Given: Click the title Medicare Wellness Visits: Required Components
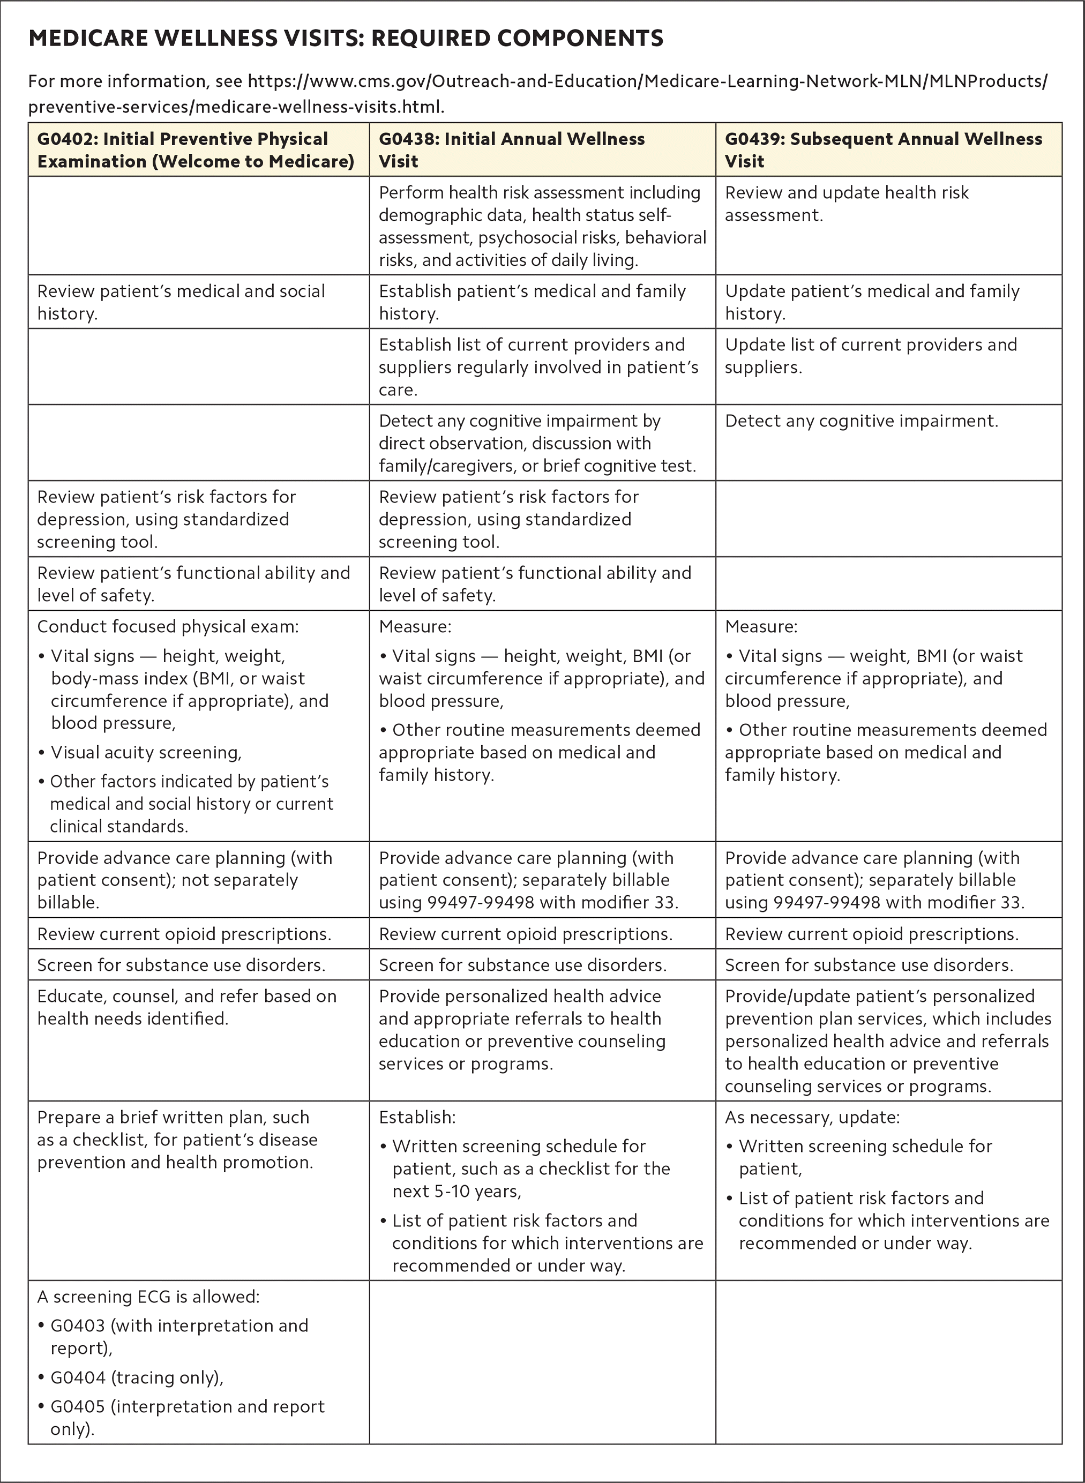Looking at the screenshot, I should pyautogui.click(x=346, y=38).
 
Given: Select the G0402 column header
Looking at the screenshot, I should pyautogui.click(x=195, y=149).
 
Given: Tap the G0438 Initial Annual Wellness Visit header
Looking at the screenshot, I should pyautogui.click(x=512, y=149).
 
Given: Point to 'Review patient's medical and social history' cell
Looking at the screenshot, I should pyautogui.click(x=181, y=302).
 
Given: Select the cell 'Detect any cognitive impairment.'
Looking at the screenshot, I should pyautogui.click(x=861, y=421).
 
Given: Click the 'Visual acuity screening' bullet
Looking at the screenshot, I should pyautogui.click(x=146, y=752).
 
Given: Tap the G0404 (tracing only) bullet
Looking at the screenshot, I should pyautogui.click(x=137, y=1377).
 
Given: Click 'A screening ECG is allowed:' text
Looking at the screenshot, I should pyautogui.click(x=148, y=1297).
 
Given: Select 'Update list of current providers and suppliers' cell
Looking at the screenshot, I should pyautogui.click(x=870, y=355).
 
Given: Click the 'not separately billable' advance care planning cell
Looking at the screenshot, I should pyautogui.click(x=184, y=880).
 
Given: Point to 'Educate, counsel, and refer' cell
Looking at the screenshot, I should pyautogui.click(x=186, y=1007).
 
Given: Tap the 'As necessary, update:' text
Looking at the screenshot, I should pyautogui.click(x=812, y=1117).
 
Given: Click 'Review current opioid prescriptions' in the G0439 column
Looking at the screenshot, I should pyautogui.click(x=872, y=934).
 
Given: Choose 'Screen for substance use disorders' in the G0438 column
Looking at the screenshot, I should pyautogui.click(x=523, y=965).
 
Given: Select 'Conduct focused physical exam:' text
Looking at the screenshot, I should pyautogui.click(x=168, y=626).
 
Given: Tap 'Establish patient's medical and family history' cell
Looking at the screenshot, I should pyautogui.click(x=532, y=302).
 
